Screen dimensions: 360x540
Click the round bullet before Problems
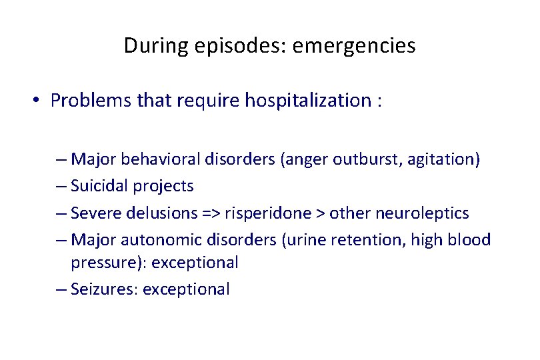pos(38,101)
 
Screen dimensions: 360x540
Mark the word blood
pos(471,239)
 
